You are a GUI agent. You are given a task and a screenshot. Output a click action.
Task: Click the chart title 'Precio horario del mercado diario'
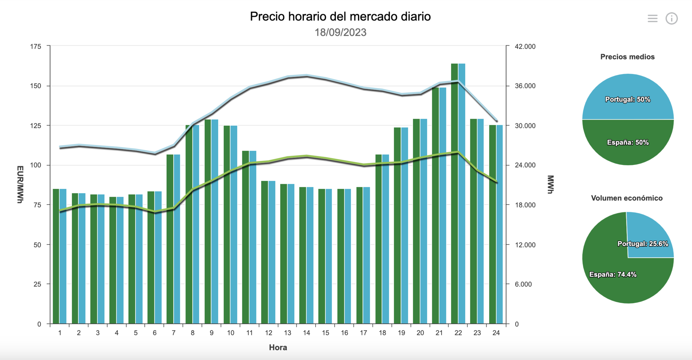(340, 17)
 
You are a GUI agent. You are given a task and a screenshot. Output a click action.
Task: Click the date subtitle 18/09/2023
(340, 32)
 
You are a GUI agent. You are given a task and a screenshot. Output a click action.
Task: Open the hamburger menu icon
(652, 19)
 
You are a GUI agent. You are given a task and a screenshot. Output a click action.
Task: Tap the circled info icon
(671, 19)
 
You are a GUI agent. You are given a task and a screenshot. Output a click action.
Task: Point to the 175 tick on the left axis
(35, 47)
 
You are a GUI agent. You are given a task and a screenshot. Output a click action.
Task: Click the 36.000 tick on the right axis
(525, 86)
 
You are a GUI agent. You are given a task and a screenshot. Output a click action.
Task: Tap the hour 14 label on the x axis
(306, 333)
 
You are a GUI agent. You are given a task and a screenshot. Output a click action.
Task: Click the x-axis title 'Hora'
(278, 347)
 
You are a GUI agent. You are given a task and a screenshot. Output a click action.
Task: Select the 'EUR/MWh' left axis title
(20, 184)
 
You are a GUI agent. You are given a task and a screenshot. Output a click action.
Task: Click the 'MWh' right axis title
(550, 184)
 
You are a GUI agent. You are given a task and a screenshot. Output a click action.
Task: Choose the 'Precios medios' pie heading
(627, 57)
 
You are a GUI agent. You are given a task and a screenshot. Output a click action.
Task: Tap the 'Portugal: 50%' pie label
(627, 99)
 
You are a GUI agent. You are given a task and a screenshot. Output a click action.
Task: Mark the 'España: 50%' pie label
(628, 142)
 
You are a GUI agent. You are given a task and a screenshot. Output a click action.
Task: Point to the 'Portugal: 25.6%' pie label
(643, 244)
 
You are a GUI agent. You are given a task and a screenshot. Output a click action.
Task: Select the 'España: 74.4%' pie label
(613, 274)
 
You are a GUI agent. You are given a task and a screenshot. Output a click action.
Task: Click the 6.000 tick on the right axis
(523, 284)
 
